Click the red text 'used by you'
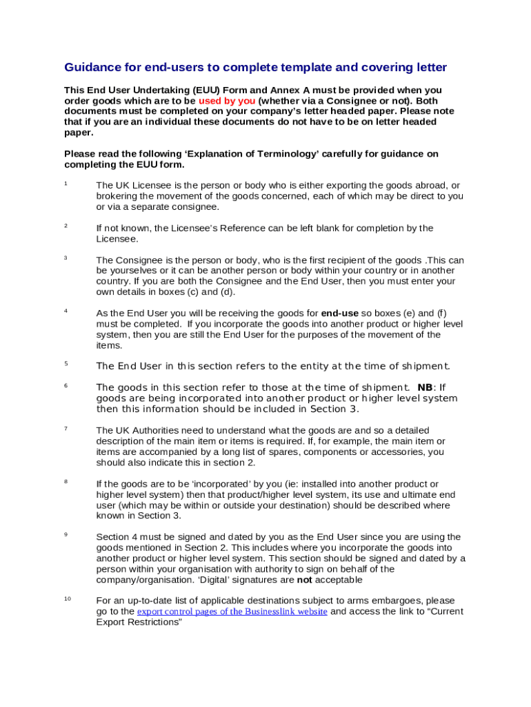tap(227, 101)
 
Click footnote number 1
tap(66, 184)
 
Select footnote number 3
tap(66, 258)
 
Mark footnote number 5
tap(66, 364)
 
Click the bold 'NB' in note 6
tap(425, 388)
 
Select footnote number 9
tap(66, 534)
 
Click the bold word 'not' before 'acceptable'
tap(305, 580)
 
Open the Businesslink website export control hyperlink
tap(232, 612)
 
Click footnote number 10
tap(68, 599)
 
